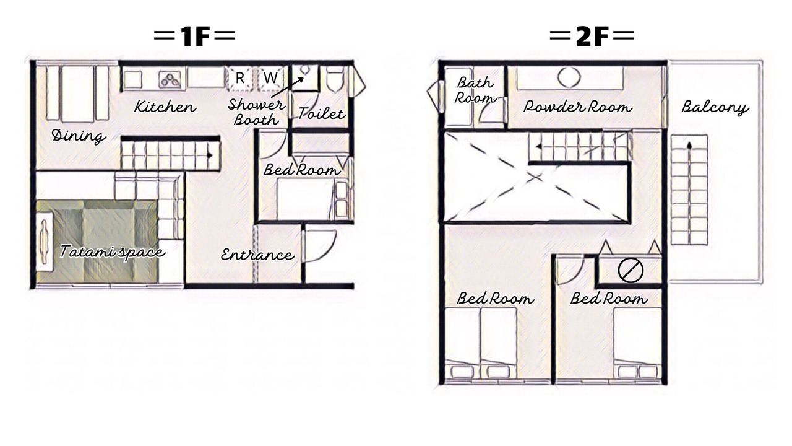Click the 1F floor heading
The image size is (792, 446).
195,35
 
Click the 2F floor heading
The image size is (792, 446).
592,35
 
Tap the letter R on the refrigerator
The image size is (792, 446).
239,78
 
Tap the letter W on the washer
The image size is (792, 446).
270,77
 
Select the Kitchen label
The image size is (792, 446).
165,107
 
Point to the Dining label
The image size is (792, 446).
79,136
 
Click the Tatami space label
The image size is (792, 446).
113,251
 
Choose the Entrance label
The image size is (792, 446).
257,255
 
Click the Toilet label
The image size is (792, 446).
321,113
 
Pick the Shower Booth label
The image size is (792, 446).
256,112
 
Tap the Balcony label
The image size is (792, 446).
715,107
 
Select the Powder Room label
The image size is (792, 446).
577,107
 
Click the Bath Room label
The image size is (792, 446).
475,90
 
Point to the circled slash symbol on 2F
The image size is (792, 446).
631,271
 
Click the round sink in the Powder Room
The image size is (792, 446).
569,77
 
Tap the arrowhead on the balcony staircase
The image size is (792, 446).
689,144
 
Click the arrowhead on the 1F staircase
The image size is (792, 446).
210,155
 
